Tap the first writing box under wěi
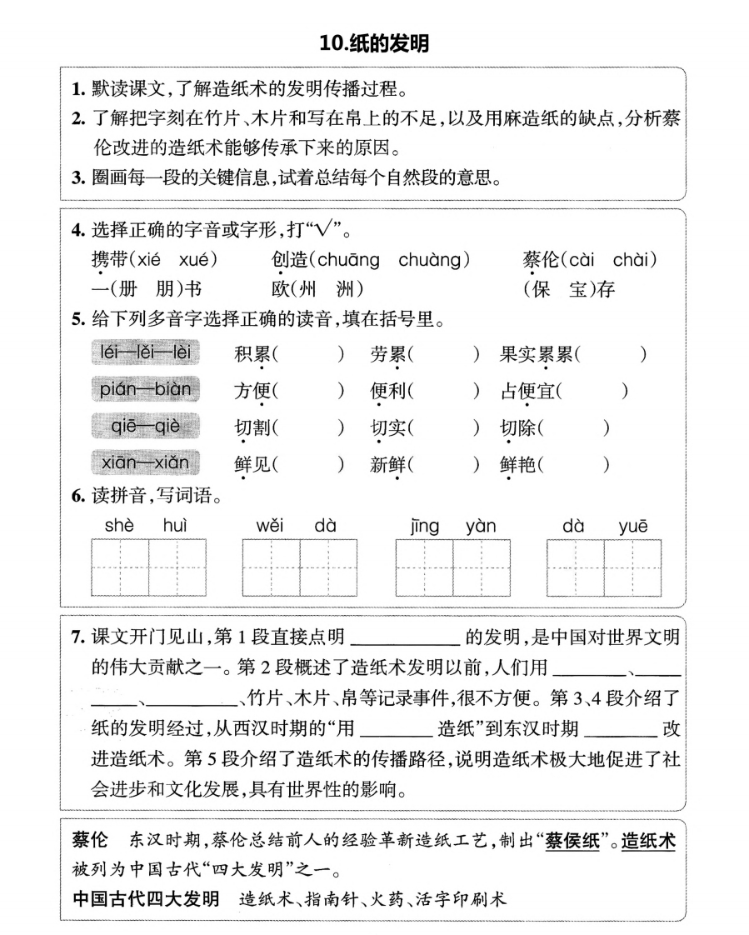click(x=272, y=567)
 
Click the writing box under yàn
click(x=481, y=567)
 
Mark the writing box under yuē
click(x=632, y=567)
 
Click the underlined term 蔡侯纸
click(x=573, y=842)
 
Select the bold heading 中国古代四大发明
click(x=146, y=899)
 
